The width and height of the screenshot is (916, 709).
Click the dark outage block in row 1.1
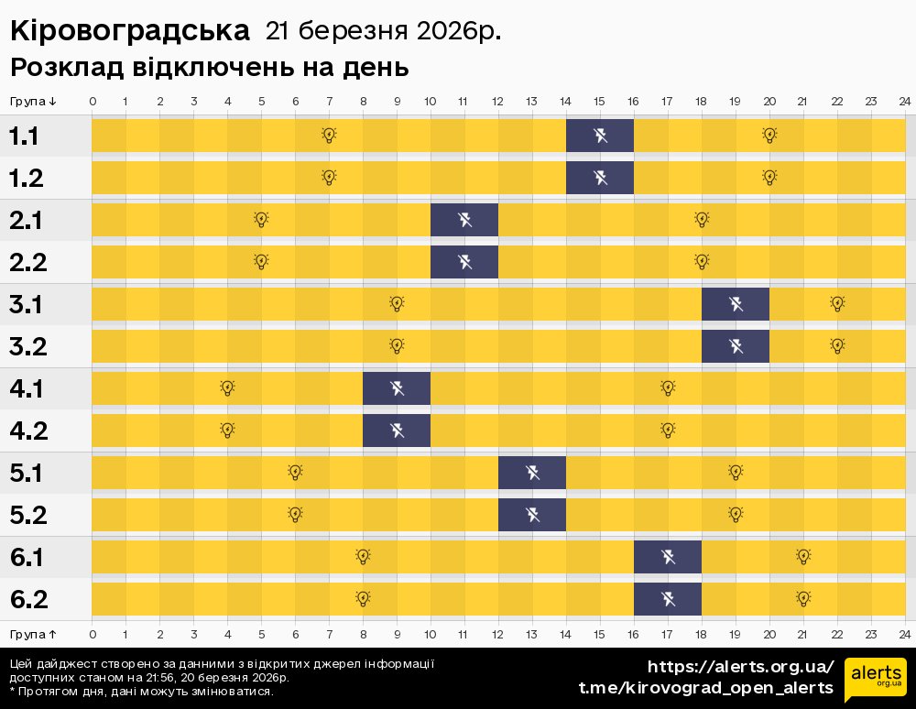pyautogui.click(x=600, y=136)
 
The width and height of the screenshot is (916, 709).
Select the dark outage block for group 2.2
pyautogui.click(x=464, y=263)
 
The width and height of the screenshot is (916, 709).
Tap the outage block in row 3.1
pyautogui.click(x=736, y=304)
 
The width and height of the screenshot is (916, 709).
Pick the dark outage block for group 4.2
pyautogui.click(x=397, y=431)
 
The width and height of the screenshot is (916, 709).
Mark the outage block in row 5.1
pyautogui.click(x=532, y=473)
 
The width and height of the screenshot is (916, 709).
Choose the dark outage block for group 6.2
pyautogui.click(x=668, y=599)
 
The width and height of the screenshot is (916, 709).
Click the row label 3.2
pyautogui.click(x=27, y=347)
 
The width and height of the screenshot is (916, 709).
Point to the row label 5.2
pyautogui.click(x=27, y=516)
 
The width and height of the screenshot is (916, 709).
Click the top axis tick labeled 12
pyautogui.click(x=498, y=101)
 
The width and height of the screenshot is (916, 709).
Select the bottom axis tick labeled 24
pyautogui.click(x=904, y=634)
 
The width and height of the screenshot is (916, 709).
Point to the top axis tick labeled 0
pyautogui.click(x=93, y=101)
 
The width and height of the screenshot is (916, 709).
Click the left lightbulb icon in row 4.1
pyautogui.click(x=227, y=388)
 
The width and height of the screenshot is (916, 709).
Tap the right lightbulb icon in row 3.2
pyautogui.click(x=837, y=346)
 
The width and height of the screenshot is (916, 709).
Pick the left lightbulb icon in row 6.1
pyautogui.click(x=363, y=557)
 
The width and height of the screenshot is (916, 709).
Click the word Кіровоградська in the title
pyautogui.click(x=129, y=32)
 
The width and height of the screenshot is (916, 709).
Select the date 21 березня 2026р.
pyautogui.click(x=383, y=32)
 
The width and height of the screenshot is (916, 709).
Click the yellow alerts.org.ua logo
pyautogui.click(x=875, y=679)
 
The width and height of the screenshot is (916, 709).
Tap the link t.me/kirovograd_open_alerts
pyautogui.click(x=706, y=687)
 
